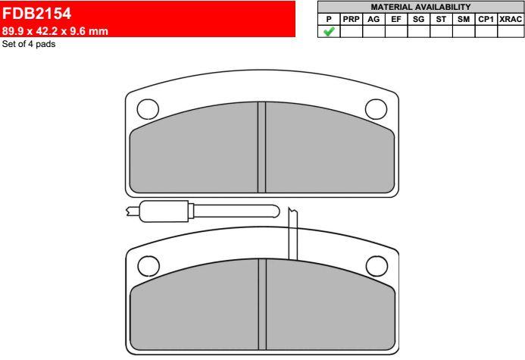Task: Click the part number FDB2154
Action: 36,14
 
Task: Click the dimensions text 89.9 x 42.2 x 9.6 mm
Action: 55,31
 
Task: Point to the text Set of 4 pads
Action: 29,44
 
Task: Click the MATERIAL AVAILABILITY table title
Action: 420,7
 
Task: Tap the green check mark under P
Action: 329,32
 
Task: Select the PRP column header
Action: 352,20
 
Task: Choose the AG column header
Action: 373,20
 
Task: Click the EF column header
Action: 396,20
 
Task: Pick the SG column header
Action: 418,20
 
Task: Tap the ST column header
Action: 441,20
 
